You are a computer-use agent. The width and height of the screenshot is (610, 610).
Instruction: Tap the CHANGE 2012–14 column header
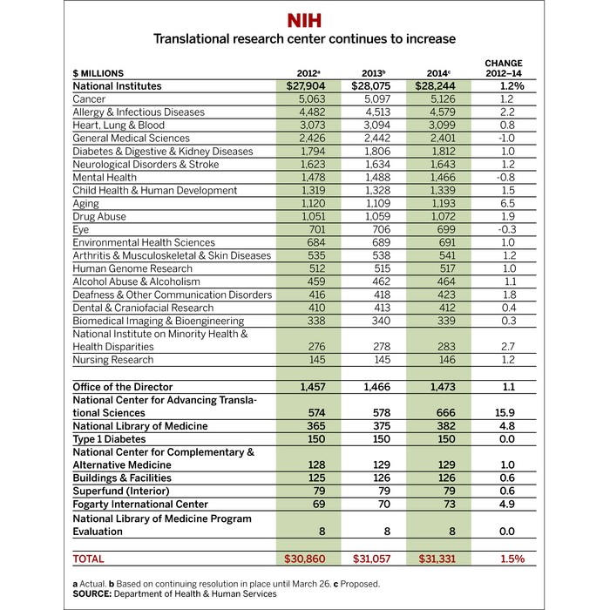pyautogui.click(x=503, y=68)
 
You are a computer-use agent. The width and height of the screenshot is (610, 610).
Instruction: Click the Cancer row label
pyautogui.click(x=90, y=99)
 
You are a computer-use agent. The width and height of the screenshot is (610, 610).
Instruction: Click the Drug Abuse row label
pyautogui.click(x=99, y=217)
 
